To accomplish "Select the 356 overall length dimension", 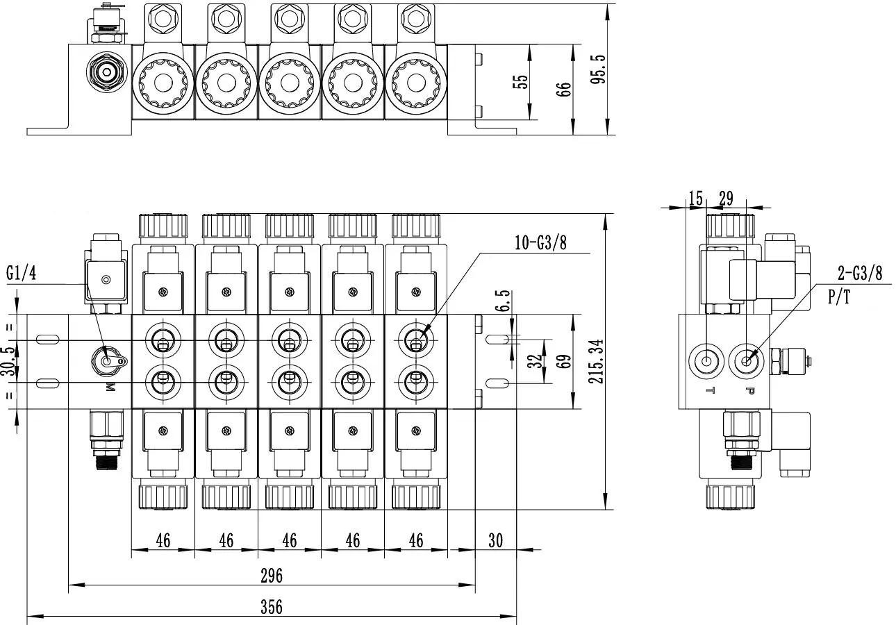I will [x=272, y=607].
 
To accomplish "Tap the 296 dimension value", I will [x=272, y=576].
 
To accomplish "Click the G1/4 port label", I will [x=22, y=273].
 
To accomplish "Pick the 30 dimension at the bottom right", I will [x=495, y=540].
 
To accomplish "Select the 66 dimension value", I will [x=563, y=89].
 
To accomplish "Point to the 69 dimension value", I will [x=563, y=362].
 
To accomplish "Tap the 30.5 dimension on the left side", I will [x=8, y=362].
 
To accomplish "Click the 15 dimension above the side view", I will [x=696, y=199].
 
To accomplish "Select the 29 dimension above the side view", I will [x=726, y=199].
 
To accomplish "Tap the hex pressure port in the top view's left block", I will [x=106, y=72].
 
